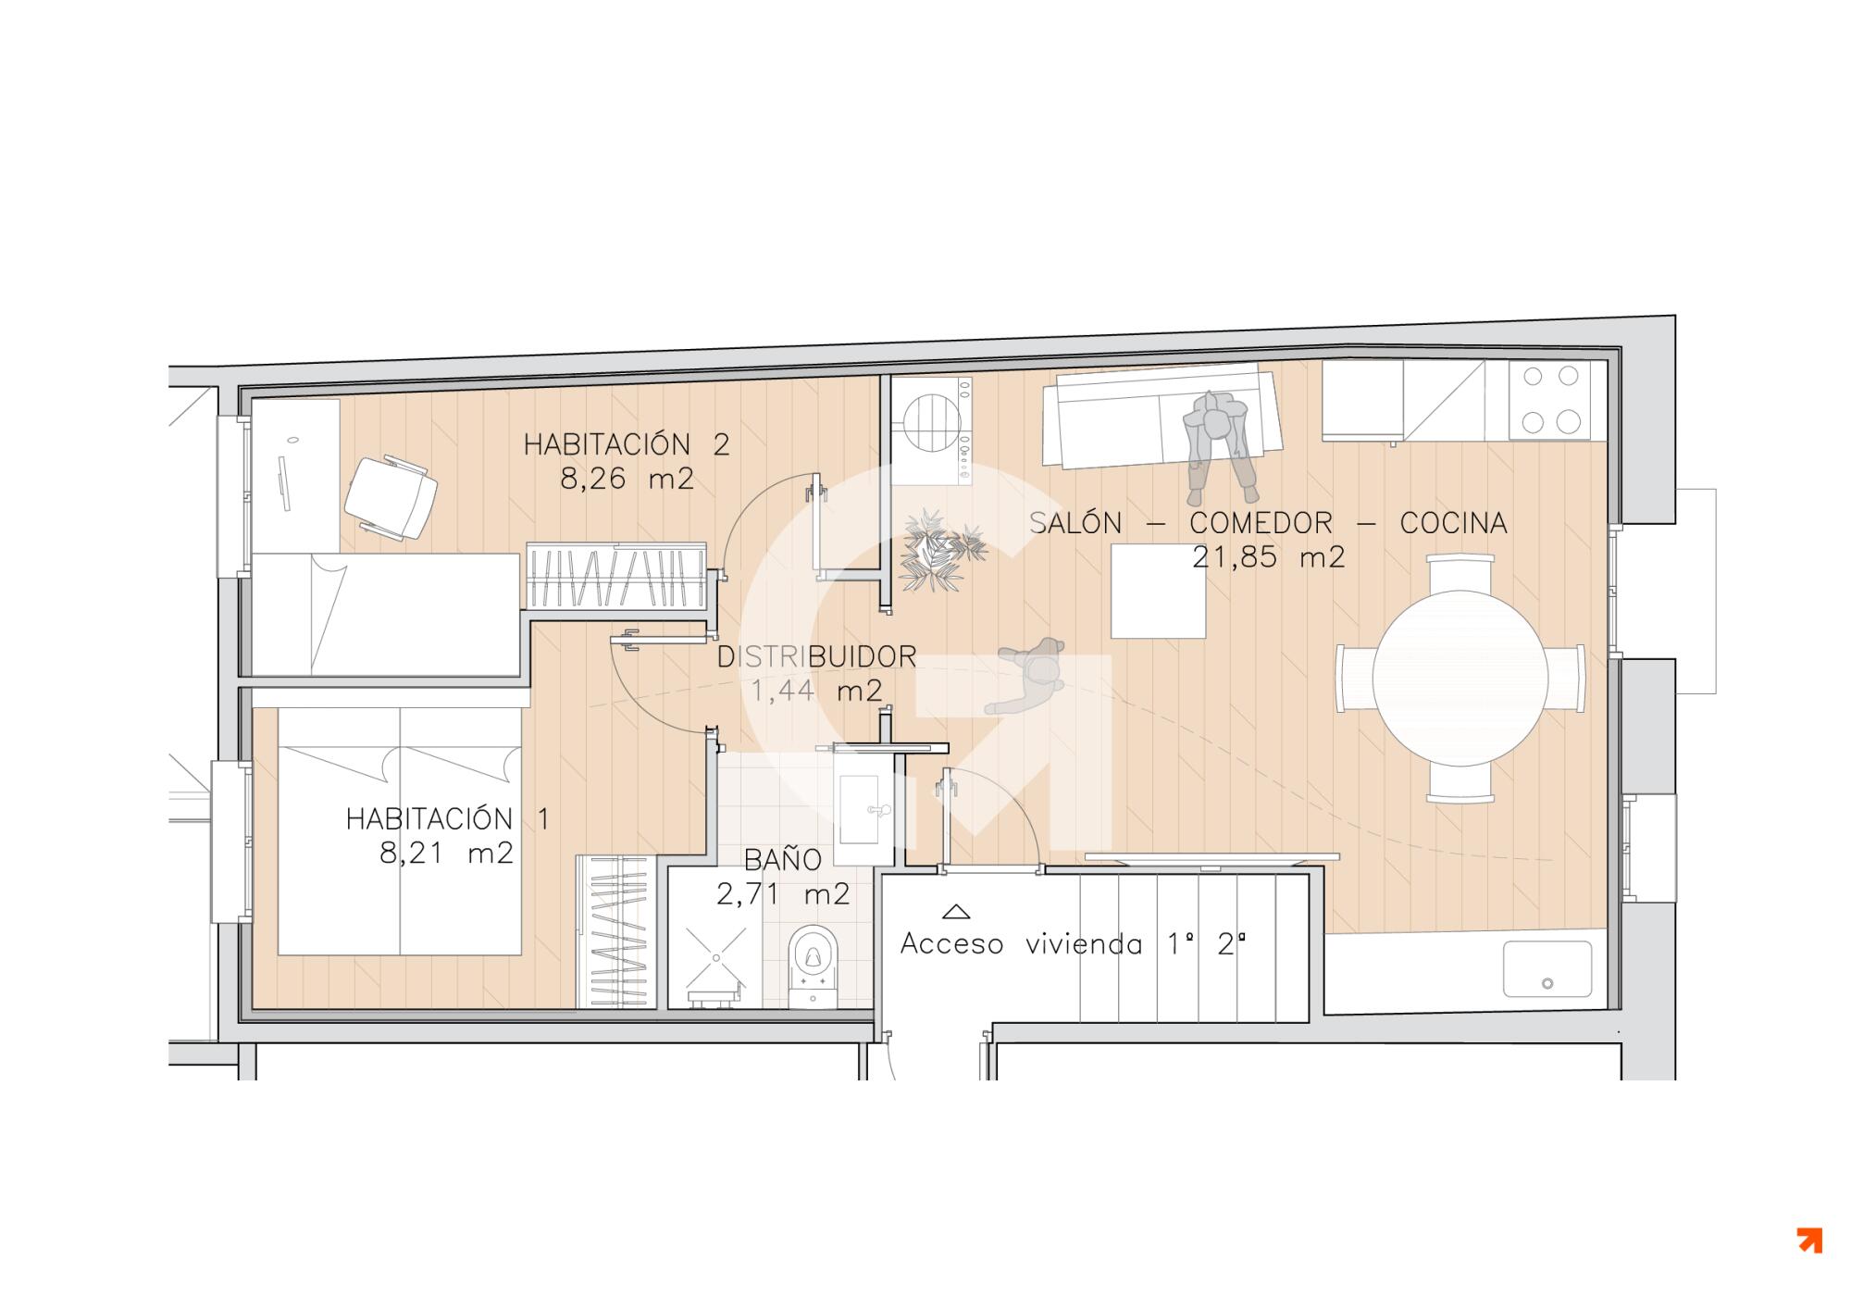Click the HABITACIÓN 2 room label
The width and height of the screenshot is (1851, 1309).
point(627,444)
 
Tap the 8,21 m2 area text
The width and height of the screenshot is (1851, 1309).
point(446,853)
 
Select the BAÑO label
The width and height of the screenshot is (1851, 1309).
point(783,859)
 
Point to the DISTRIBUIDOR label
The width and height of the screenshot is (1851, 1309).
point(817,656)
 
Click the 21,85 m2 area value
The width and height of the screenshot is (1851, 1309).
point(1268,557)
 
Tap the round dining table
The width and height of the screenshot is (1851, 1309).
point(1460,678)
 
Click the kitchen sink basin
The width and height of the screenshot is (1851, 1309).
point(1547,969)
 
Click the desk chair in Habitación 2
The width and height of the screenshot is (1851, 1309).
point(391,496)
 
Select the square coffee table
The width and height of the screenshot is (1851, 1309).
point(1158,591)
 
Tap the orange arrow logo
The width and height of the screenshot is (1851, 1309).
point(1809,1240)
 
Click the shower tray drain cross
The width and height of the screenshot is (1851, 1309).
point(716,957)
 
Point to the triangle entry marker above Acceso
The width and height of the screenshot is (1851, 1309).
point(955,911)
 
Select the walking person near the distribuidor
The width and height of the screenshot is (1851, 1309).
point(1027,675)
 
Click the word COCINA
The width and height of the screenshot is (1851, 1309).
point(1453,523)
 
